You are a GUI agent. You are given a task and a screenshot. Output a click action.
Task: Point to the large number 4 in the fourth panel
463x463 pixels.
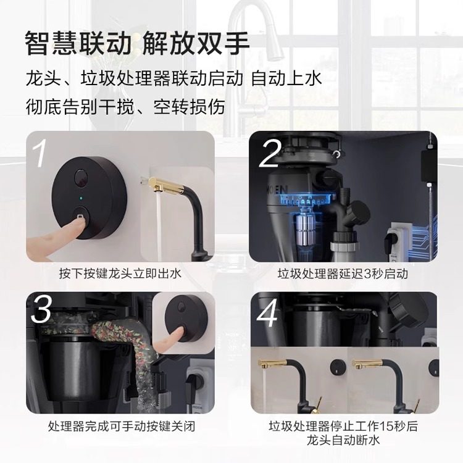click(x=267, y=314)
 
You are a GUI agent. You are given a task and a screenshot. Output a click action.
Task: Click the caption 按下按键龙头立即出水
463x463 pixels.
click(x=120, y=273)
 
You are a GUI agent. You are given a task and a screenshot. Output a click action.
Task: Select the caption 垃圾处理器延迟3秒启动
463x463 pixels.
click(x=343, y=273)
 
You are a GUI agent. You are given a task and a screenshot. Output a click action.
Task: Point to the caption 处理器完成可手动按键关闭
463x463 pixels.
click(x=122, y=427)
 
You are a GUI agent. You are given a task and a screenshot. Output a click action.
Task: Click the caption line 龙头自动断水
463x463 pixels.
click(x=343, y=441)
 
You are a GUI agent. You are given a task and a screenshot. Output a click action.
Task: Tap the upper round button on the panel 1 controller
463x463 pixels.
click(x=81, y=178)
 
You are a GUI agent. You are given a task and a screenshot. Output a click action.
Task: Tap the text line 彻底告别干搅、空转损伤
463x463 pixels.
click(x=125, y=107)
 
